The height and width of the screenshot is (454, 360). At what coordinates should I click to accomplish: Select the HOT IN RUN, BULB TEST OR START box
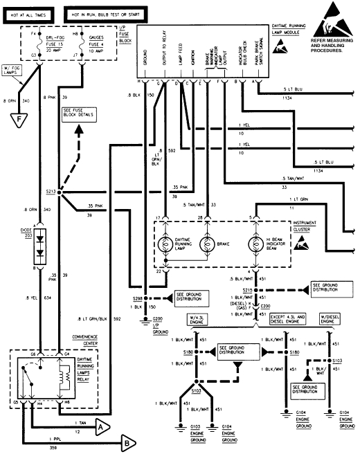pos(97,13)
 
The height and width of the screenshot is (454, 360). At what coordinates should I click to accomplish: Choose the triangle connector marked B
pos(128,441)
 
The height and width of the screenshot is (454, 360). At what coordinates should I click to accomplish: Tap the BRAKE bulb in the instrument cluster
pos(206,246)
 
